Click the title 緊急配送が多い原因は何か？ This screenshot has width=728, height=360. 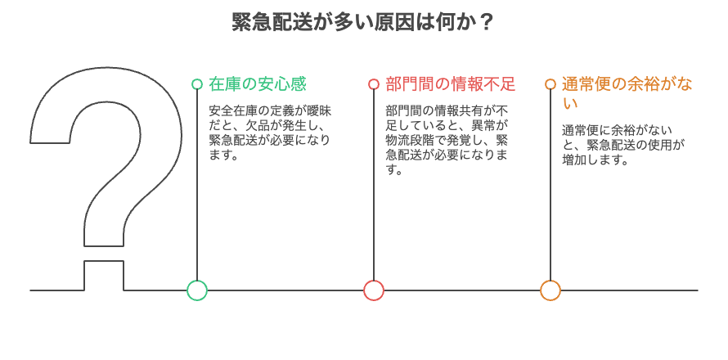coord(363,21)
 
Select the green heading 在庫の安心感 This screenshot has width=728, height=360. coord(258,84)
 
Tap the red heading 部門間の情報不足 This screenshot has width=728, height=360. coord(451,84)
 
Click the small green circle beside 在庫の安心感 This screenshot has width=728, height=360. coord(197,84)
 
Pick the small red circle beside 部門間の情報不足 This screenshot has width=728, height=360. coord(374,84)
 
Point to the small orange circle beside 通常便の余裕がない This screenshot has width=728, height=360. coord(550,84)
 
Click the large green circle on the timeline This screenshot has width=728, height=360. coord(197,290)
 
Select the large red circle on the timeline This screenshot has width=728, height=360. coord(374,290)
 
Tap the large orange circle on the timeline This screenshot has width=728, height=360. coord(550,290)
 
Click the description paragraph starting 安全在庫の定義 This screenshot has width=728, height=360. coord(270,132)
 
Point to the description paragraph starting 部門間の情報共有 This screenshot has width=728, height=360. coord(447,139)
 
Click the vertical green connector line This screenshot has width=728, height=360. coord(197,188)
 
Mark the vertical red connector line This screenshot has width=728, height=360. coord(374,188)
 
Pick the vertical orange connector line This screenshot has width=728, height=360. coord(550,188)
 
